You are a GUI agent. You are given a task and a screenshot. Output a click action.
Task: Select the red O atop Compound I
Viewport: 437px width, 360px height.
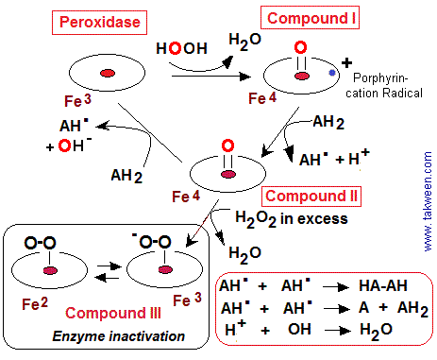pos(298,48)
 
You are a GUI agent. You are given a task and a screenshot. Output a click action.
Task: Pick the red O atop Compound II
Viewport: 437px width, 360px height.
pos(227,146)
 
